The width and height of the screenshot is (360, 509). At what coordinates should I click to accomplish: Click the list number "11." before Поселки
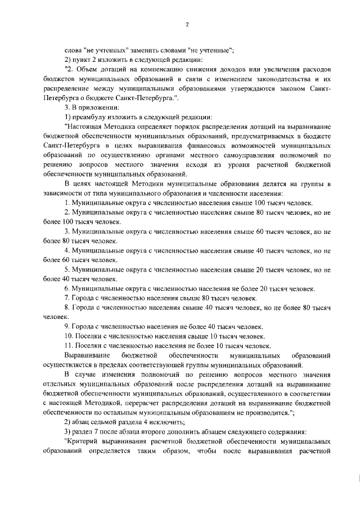coord(69,345)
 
